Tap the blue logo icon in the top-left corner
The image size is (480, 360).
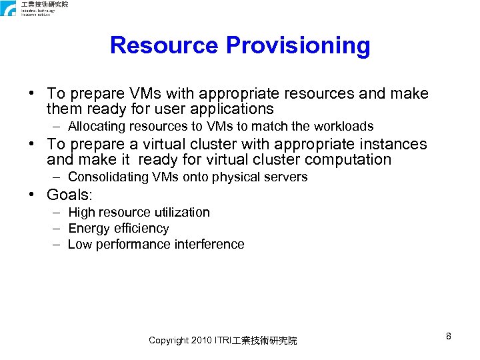click(8, 9)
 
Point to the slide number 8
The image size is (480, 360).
click(449, 336)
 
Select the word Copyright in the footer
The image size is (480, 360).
click(169, 341)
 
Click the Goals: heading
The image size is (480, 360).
click(69, 195)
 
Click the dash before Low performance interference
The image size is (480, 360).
click(57, 244)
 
